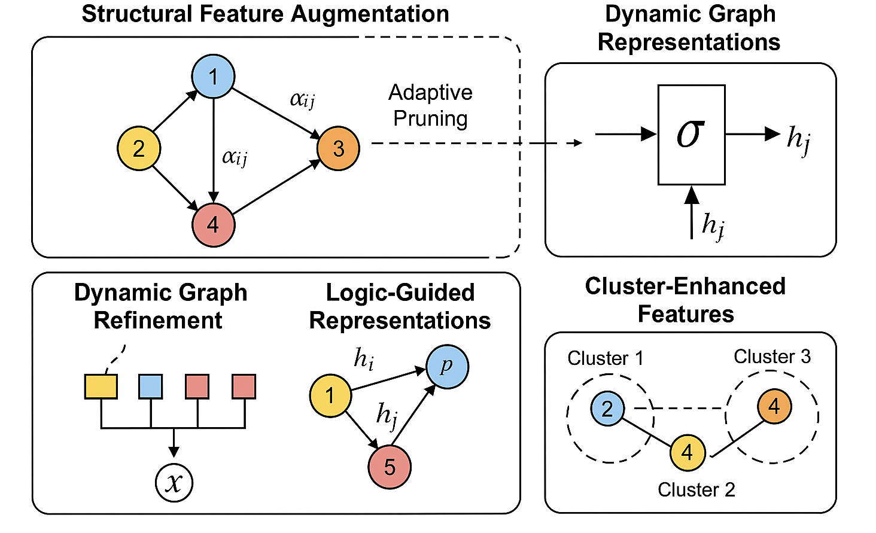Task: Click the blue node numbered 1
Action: click(x=213, y=77)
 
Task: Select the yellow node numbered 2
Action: click(x=139, y=148)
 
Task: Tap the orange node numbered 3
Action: click(x=338, y=148)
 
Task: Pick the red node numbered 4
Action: click(x=213, y=225)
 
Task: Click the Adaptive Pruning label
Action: click(x=430, y=105)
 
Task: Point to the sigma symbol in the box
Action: click(x=691, y=134)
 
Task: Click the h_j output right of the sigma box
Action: click(x=799, y=139)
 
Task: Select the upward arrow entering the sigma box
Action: click(x=692, y=212)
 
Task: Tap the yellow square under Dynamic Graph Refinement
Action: click(x=101, y=386)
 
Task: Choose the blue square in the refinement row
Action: click(x=150, y=386)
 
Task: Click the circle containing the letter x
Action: click(x=174, y=483)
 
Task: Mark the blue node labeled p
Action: click(x=447, y=367)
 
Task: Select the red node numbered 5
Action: click(x=390, y=467)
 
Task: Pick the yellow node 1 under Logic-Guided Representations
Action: click(x=330, y=395)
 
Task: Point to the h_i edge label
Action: click(x=364, y=359)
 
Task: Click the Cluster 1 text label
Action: click(x=605, y=358)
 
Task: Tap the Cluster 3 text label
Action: click(x=772, y=357)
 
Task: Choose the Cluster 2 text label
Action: click(x=696, y=490)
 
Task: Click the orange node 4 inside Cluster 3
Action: click(x=774, y=406)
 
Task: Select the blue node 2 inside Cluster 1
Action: click(x=607, y=409)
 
